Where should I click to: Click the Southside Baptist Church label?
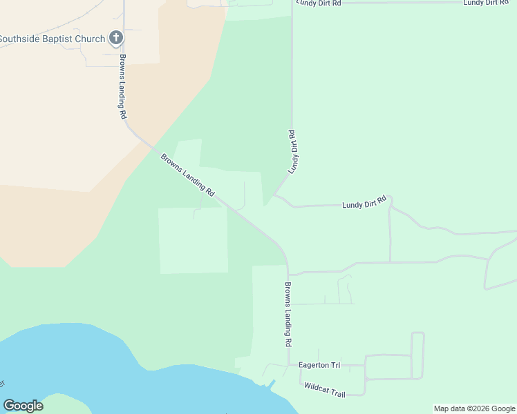tap(52, 39)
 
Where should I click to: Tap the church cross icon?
tap(116, 39)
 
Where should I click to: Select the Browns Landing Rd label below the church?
tap(123, 87)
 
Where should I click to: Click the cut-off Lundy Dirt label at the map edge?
tap(486, 3)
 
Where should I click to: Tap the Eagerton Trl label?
tap(319, 365)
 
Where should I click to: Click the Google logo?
tap(23, 406)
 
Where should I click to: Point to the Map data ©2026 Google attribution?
tap(475, 408)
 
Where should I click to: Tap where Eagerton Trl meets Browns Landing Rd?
tap(289, 364)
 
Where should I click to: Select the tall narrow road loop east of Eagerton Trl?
tap(417, 355)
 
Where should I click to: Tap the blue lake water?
tap(104, 359)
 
